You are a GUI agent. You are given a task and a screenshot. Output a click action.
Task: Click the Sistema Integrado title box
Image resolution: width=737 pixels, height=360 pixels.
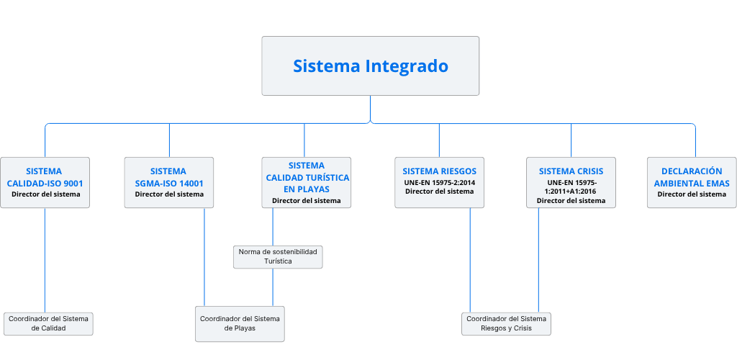point(371,66)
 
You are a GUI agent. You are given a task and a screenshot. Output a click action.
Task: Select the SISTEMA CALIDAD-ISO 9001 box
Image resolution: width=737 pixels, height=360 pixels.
point(45,182)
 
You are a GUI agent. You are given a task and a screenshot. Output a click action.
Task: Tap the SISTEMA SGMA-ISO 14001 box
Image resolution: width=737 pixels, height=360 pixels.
point(168,182)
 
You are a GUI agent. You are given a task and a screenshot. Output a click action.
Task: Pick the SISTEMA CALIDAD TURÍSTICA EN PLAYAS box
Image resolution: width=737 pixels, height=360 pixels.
point(307,182)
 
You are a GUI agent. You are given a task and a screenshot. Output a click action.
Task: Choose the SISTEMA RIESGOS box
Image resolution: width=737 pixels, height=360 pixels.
point(440,182)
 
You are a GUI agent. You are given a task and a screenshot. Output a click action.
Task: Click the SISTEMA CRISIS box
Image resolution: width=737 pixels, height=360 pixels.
point(571,182)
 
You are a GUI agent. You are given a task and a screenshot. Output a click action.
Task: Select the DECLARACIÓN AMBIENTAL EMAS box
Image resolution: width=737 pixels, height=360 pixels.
point(692,182)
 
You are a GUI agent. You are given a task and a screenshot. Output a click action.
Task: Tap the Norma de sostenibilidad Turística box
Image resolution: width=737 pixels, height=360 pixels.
point(278,256)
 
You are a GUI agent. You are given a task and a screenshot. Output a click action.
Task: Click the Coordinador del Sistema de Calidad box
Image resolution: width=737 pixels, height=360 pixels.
point(48,323)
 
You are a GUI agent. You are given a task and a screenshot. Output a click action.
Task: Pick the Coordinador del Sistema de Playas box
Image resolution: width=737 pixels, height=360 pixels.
point(240,324)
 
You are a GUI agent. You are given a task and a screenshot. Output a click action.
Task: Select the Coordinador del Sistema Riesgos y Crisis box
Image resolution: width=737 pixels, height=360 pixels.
point(506,323)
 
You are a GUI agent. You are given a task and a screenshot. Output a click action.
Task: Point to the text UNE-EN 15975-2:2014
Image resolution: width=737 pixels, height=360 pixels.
point(440,182)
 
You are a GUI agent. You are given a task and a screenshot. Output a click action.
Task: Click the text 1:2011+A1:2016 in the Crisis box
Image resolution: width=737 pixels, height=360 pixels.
point(571,192)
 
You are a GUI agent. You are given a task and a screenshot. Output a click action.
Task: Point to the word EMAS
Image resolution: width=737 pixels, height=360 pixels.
point(718,184)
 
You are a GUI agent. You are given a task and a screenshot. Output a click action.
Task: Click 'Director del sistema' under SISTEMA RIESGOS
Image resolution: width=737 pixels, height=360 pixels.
point(440,192)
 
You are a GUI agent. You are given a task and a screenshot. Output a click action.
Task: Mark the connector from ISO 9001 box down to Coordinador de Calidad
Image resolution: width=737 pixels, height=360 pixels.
point(45,260)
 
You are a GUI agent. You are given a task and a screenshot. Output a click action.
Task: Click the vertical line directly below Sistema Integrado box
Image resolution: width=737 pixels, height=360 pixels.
point(371,109)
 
